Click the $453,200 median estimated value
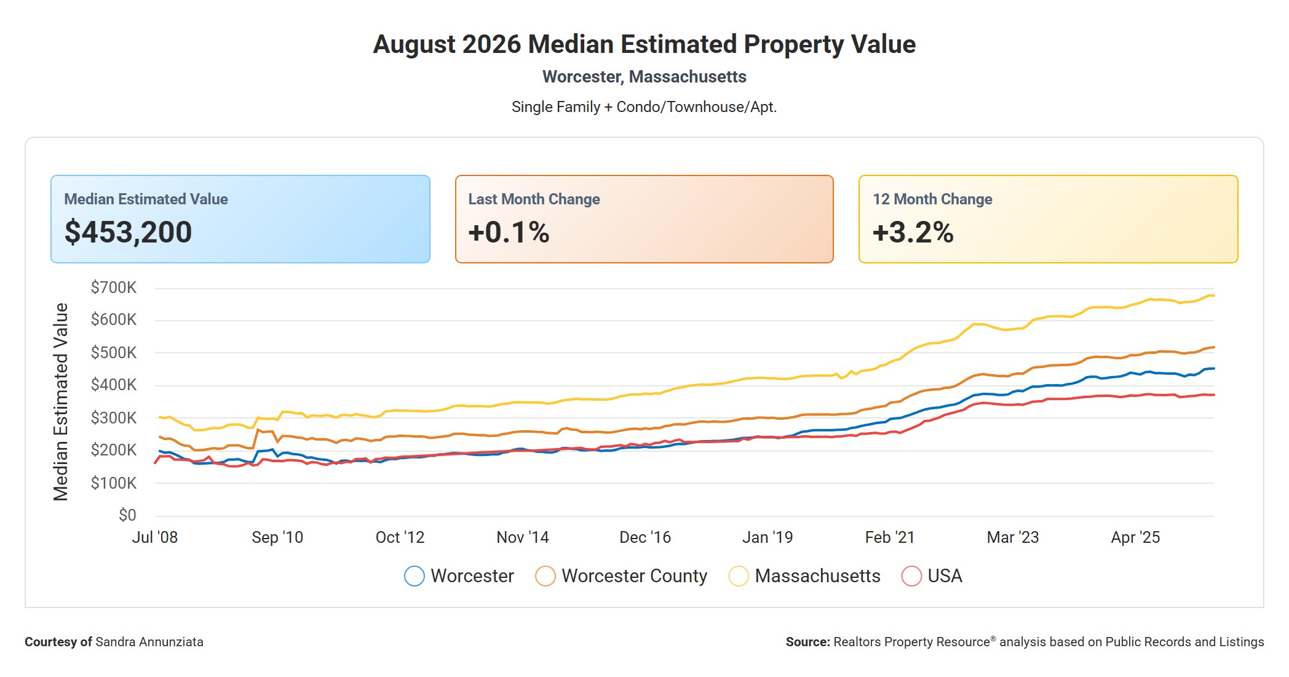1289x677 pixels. [x=128, y=232]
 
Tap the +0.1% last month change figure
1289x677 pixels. [x=509, y=232]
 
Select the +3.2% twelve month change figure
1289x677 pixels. [x=913, y=232]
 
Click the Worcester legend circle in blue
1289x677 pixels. [x=414, y=576]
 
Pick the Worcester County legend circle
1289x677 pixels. [x=545, y=576]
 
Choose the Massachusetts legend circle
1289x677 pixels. [x=739, y=576]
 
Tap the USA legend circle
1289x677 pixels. [x=911, y=576]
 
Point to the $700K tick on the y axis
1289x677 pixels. [x=114, y=287]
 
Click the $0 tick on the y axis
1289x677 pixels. [x=127, y=515]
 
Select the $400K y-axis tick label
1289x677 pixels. [x=114, y=385]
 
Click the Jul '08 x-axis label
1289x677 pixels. [x=155, y=537]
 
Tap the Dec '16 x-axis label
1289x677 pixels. [x=645, y=537]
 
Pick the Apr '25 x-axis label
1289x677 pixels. [x=1135, y=537]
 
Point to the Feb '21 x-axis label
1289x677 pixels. [x=890, y=537]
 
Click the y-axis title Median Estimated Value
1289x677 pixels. [x=61, y=402]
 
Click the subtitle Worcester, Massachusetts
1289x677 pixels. [x=644, y=77]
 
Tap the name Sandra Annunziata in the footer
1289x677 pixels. [x=149, y=642]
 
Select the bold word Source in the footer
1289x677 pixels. [x=807, y=642]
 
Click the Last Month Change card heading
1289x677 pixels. [x=534, y=199]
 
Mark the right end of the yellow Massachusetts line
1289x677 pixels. [x=1214, y=296]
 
